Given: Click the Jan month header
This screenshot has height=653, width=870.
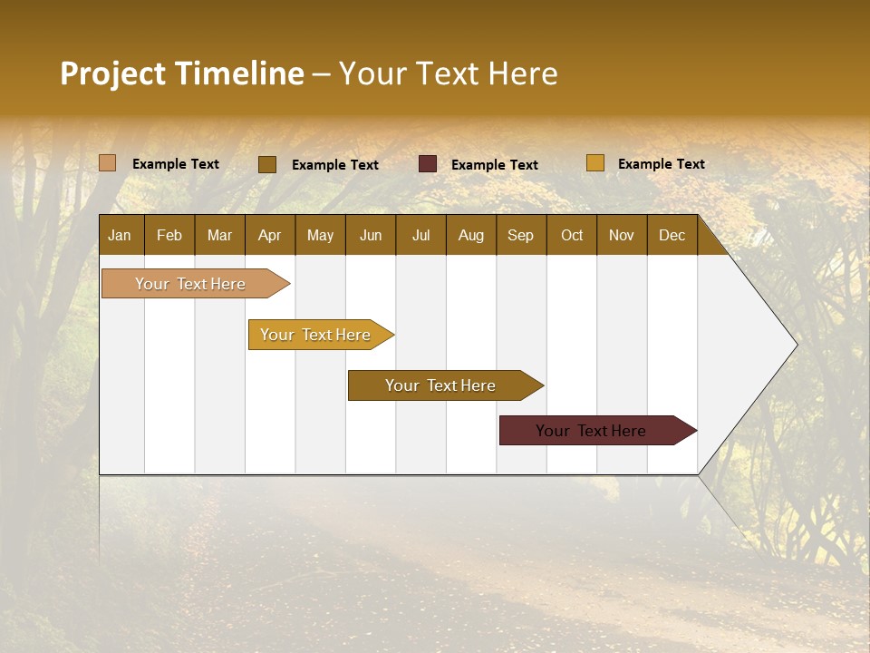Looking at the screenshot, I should click(x=120, y=235).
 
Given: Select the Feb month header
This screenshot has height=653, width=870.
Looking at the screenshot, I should click(x=169, y=235).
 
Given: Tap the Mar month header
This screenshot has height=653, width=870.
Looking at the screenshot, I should click(x=219, y=235).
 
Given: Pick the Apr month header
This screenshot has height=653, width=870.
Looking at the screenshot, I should click(x=269, y=235).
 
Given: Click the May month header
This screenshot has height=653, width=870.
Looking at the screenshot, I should click(x=320, y=235).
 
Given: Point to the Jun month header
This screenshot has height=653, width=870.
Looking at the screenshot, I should click(x=371, y=235).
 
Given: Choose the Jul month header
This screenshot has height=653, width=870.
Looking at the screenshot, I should click(x=420, y=235).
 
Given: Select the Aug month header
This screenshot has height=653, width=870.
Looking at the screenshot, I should click(x=470, y=235).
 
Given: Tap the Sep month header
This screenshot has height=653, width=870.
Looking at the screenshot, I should click(x=520, y=235).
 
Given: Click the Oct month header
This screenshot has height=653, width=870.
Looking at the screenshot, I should click(x=572, y=235).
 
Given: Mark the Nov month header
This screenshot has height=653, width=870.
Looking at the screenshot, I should click(x=621, y=235).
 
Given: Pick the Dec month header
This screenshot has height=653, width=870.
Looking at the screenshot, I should click(x=672, y=235).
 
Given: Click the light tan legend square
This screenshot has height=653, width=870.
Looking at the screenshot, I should click(x=108, y=163).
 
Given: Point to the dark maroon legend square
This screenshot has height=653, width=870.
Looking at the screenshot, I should click(x=428, y=164).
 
